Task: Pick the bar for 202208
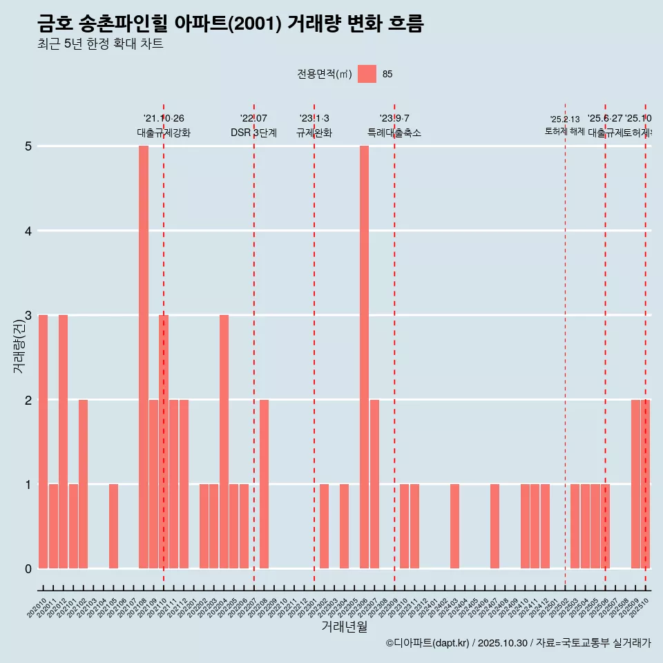[264, 483]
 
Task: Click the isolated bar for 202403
[454, 526]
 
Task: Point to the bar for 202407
[494, 526]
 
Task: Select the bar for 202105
[113, 526]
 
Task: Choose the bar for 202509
[635, 483]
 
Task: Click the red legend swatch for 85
[367, 74]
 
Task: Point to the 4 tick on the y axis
[28, 231]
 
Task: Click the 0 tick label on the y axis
[28, 568]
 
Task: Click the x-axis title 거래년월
[344, 626]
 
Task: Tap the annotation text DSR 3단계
[253, 133]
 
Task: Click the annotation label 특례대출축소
[394, 133]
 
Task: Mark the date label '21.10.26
[164, 118]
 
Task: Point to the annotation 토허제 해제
[564, 131]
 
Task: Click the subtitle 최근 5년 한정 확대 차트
[100, 44]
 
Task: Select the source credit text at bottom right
[518, 643]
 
